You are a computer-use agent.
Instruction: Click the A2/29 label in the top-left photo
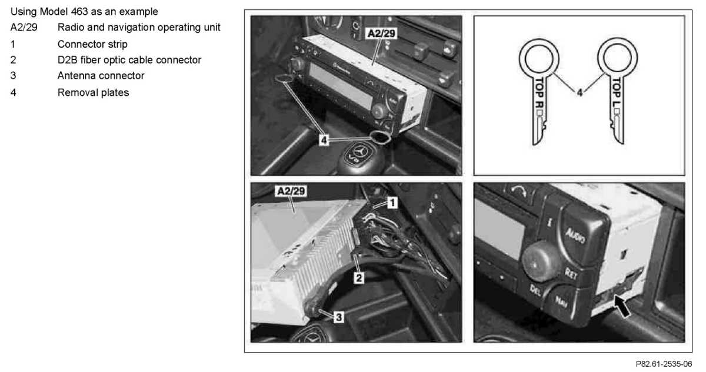381,33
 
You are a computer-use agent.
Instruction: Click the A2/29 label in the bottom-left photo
291,191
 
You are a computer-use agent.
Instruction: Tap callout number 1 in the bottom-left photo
392,203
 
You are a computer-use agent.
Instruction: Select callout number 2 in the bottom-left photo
359,278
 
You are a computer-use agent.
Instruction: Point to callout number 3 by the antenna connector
339,317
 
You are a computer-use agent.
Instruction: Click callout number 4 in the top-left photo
324,139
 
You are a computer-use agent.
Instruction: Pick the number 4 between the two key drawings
580,92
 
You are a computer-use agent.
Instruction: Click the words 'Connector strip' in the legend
92,45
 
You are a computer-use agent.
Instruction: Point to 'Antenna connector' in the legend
101,76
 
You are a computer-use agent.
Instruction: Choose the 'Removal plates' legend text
94,92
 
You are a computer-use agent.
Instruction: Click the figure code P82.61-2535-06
664,364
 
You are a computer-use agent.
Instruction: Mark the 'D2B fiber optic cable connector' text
129,60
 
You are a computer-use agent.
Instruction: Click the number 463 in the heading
79,12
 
